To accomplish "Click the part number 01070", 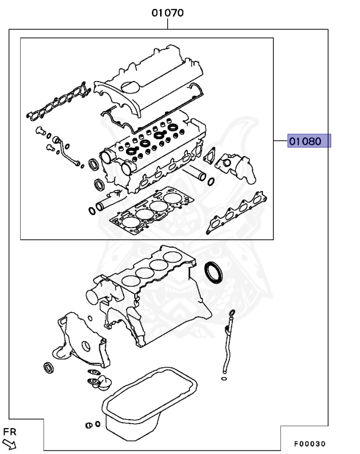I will click(x=167, y=12).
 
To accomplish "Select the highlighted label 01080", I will click(x=309, y=141).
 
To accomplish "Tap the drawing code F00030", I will click(x=310, y=444).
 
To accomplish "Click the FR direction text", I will click(x=8, y=432).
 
